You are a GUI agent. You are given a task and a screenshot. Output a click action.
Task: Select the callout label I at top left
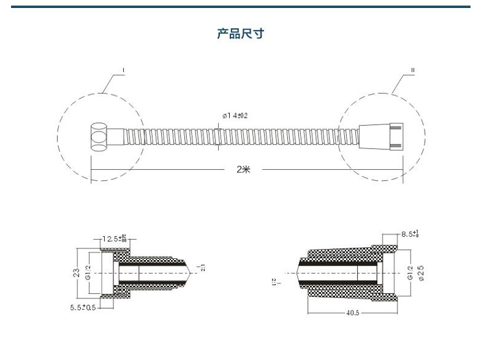(124, 71)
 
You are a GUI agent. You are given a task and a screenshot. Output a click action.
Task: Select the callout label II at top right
(412, 71)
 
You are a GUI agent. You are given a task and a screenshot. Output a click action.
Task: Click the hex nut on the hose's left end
(98, 137)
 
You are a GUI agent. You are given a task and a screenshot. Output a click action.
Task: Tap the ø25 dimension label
(420, 272)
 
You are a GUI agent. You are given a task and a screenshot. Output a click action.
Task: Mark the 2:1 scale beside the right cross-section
(274, 282)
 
